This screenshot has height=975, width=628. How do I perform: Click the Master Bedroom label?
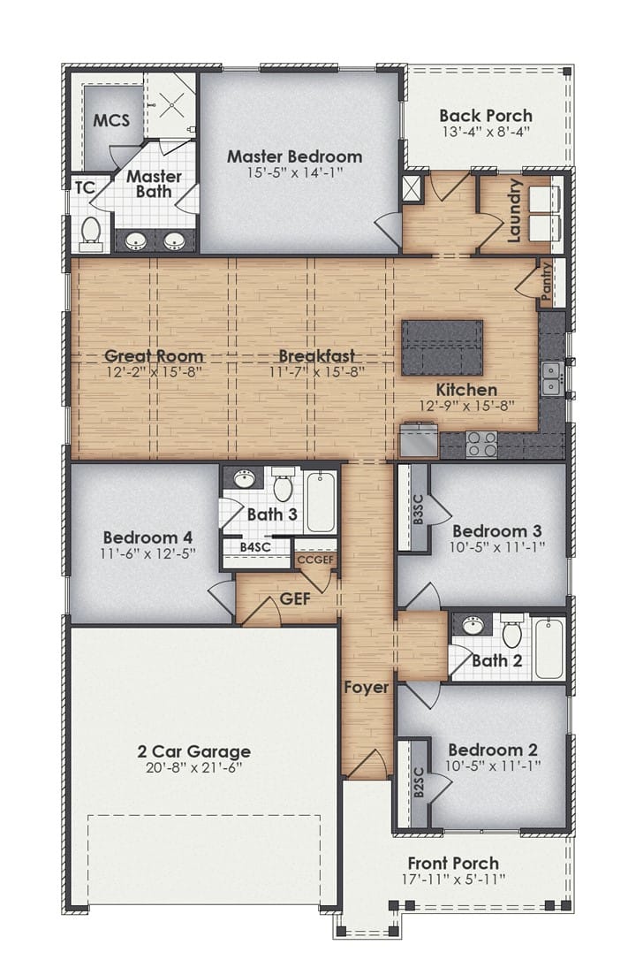click(294, 156)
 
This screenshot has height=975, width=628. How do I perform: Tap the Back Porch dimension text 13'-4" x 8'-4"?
click(486, 132)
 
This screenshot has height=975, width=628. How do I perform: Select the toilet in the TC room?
click(90, 231)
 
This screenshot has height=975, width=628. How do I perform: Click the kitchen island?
click(442, 347)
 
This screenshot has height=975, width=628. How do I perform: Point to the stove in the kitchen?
click(481, 444)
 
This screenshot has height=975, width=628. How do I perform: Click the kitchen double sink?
click(551, 378)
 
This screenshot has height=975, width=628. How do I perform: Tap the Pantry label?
click(545, 282)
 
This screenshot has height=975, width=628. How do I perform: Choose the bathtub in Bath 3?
click(322, 501)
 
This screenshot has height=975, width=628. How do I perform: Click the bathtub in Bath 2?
click(549, 648)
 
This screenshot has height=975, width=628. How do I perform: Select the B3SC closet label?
click(418, 508)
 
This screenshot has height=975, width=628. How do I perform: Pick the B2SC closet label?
click(418, 782)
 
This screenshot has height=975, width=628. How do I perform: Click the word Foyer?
click(367, 687)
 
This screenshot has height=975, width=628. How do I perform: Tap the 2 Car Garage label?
click(193, 751)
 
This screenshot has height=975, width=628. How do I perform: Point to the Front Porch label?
click(453, 863)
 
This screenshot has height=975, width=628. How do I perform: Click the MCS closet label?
click(111, 119)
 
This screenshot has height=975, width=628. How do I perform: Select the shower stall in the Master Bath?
click(170, 104)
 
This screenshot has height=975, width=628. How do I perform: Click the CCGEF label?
click(315, 559)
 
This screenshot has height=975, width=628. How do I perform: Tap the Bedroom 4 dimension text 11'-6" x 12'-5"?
click(148, 553)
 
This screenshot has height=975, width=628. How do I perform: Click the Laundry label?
click(514, 210)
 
